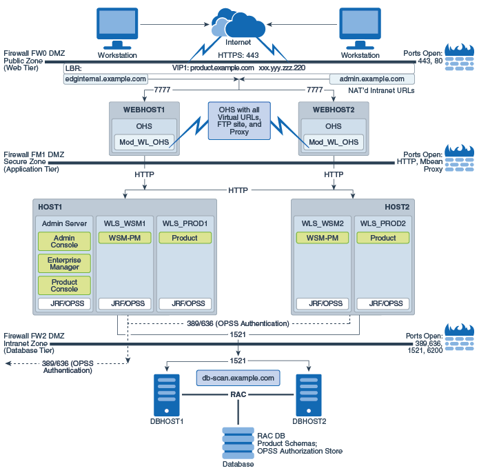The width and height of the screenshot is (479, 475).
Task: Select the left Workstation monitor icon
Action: (117, 29)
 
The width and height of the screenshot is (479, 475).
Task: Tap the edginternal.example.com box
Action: (105, 79)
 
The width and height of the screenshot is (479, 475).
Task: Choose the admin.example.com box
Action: (372, 79)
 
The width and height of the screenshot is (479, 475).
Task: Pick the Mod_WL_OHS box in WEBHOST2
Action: (334, 142)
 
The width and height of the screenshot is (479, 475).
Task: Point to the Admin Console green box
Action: (64, 241)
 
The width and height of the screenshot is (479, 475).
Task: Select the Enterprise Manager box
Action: (64, 263)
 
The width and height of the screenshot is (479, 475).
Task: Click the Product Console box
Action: (64, 285)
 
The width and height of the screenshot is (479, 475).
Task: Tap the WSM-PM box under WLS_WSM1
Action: (124, 238)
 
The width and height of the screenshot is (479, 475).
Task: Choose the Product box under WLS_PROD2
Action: (383, 238)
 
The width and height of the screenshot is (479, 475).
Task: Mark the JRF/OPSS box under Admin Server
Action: (64, 303)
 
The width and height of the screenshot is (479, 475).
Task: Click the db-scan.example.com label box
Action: (238, 378)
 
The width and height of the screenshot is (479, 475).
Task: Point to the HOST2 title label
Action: (396, 207)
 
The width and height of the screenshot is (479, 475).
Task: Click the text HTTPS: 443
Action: (238, 56)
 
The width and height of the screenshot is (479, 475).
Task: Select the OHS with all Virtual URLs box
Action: (238, 121)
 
